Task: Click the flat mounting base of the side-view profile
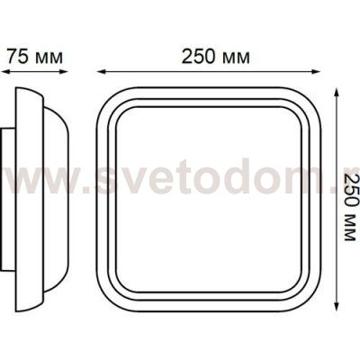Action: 6,198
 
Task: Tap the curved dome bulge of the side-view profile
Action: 56,198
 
